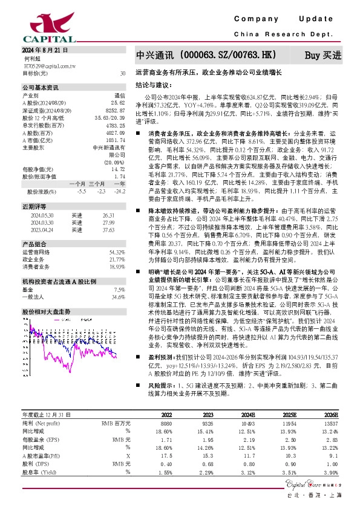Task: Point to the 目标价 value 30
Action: coord(123,73)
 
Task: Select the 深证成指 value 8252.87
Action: coord(116,111)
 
